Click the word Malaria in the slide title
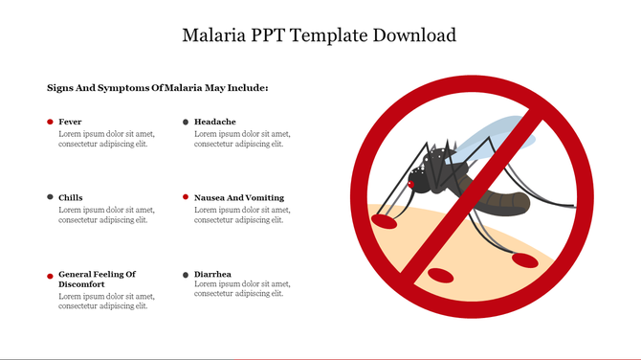pyautogui.click(x=214, y=35)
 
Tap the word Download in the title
pyautogui.click(x=409, y=35)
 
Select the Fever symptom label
pyautogui.click(x=70, y=122)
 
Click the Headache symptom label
pyautogui.click(x=214, y=122)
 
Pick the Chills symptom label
pyautogui.click(x=70, y=197)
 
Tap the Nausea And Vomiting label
pyautogui.click(x=238, y=197)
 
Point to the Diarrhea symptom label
pyautogui.click(x=212, y=274)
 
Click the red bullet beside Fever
pyautogui.click(x=50, y=122)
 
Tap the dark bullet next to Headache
pyautogui.click(x=186, y=122)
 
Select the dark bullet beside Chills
pyautogui.click(x=50, y=197)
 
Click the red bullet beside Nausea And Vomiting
pyautogui.click(x=186, y=197)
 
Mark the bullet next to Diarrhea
pyautogui.click(x=186, y=275)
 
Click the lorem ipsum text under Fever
pyautogui.click(x=106, y=139)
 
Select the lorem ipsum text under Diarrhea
pyautogui.click(x=242, y=289)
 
